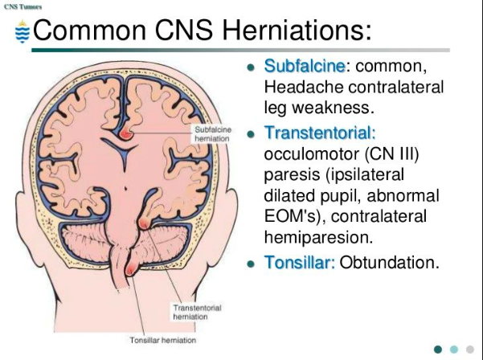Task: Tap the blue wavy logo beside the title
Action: click(23, 32)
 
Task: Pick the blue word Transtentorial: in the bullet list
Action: click(320, 132)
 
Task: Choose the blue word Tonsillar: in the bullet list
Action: click(299, 262)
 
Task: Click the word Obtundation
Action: click(390, 262)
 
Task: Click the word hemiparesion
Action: click(313, 236)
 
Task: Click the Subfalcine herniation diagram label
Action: click(213, 133)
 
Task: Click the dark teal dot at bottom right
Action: click(438, 349)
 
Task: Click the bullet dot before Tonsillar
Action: click(251, 264)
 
